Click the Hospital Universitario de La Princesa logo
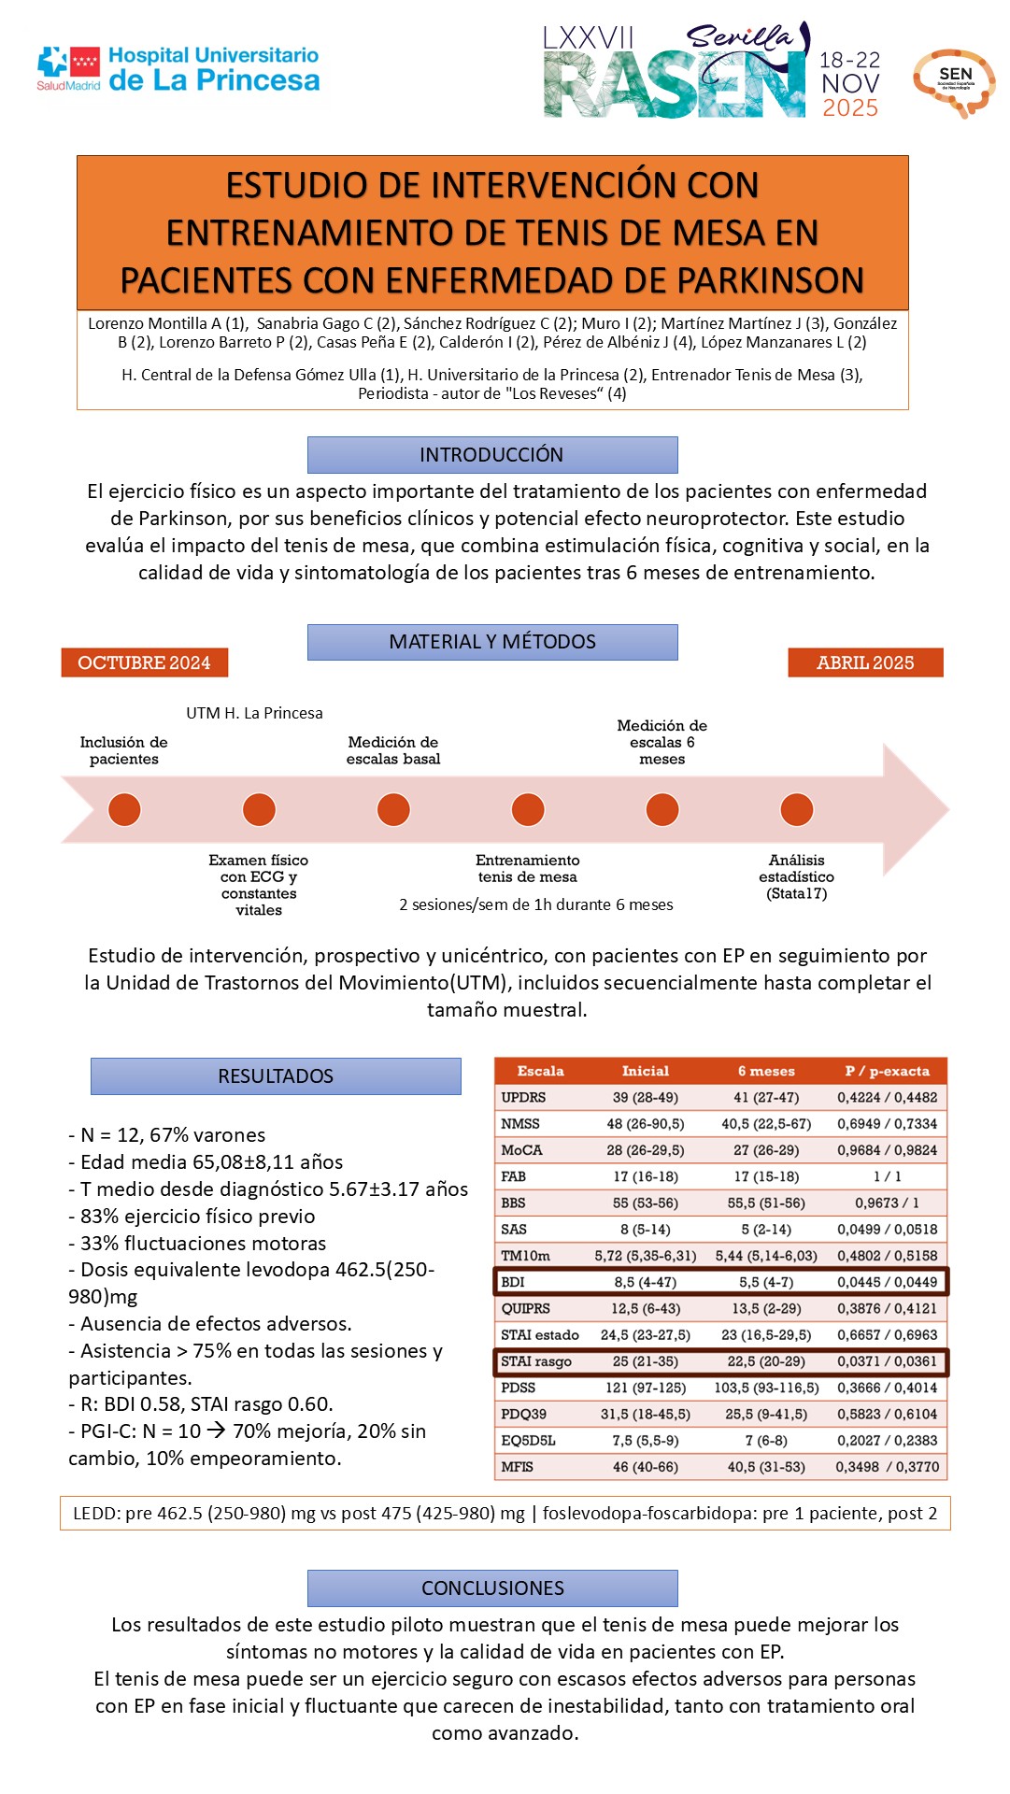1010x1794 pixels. pyautogui.click(x=178, y=70)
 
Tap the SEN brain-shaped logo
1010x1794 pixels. pyautogui.click(x=954, y=81)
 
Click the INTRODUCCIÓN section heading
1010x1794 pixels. pyautogui.click(x=491, y=455)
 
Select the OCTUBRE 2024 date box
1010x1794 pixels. pyautogui.click(x=144, y=662)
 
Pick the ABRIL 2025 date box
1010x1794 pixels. pyautogui.click(x=865, y=662)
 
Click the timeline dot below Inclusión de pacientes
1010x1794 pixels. pyautogui.click(x=124, y=809)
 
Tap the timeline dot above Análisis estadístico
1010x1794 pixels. pyautogui.click(x=796, y=809)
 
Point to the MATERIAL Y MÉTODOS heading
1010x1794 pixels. pyautogui.click(x=491, y=642)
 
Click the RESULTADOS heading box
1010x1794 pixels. pyautogui.click(x=276, y=1076)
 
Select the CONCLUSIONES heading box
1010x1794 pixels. pyautogui.click(x=491, y=1588)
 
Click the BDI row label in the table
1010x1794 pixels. pyautogui.click(x=513, y=1282)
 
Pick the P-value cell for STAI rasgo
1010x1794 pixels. pyautogui.click(x=887, y=1361)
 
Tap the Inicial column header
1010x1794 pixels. pyautogui.click(x=645, y=1071)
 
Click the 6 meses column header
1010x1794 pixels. pyautogui.click(x=766, y=1071)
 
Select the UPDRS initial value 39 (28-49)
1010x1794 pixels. pyautogui.click(x=645, y=1097)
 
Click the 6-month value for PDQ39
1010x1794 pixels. pyautogui.click(x=766, y=1415)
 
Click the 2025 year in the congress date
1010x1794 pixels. pyautogui.click(x=849, y=108)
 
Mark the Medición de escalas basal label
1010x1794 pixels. pyautogui.click(x=392, y=750)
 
